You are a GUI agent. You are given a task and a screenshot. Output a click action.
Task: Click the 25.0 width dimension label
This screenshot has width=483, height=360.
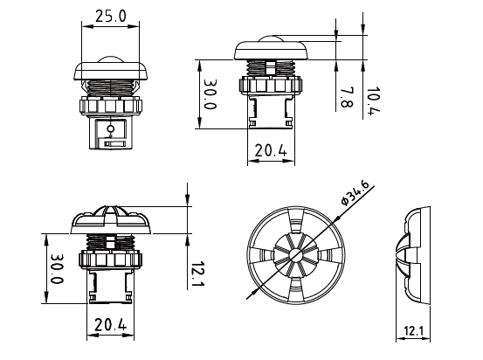(x=109, y=16)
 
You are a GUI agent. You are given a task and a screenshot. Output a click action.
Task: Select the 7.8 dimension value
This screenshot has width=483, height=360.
(x=346, y=97)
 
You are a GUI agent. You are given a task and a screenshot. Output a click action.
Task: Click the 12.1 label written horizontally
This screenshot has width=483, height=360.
(x=414, y=333)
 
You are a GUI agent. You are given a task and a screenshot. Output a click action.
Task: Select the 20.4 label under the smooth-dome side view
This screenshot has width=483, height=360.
(x=271, y=151)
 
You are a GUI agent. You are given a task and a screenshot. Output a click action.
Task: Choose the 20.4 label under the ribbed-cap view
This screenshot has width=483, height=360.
(x=110, y=326)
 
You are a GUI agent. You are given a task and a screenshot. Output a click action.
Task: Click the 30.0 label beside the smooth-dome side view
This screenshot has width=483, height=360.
(x=210, y=95)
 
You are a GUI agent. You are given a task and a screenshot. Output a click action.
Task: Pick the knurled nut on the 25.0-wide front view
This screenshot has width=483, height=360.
(x=109, y=106)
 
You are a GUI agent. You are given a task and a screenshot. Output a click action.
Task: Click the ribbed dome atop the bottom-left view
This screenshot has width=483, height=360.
(x=110, y=214)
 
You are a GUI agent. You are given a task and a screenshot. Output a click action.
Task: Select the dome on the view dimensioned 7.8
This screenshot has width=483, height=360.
(x=271, y=41)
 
